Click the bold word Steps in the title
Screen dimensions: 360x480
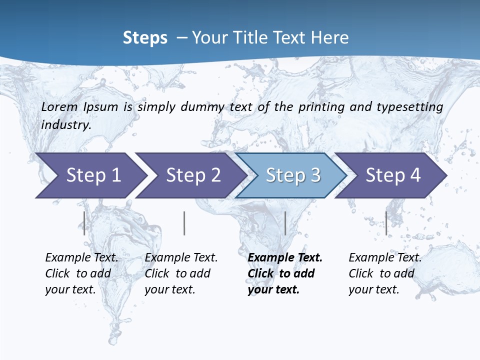(145, 37)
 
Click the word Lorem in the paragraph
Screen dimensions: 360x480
(59, 106)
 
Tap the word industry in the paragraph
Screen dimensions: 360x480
(66, 125)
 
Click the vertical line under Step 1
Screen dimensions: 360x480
(84, 223)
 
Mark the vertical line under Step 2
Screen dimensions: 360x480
(184, 223)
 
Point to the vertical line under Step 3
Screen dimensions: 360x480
(285, 223)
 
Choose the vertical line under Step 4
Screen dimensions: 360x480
(386, 223)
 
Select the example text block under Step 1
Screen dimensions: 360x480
(81, 273)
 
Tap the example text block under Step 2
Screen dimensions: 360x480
(181, 273)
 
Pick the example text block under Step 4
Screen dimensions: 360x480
(385, 273)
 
